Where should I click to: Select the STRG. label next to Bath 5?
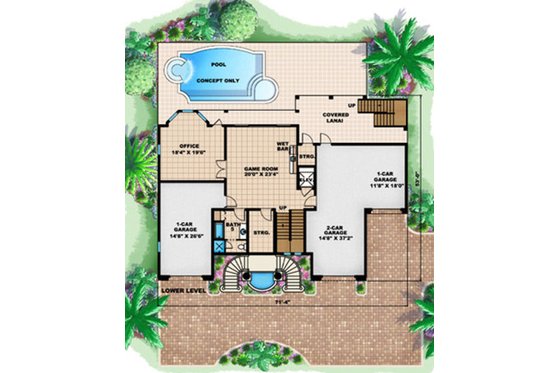coord(262,233)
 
